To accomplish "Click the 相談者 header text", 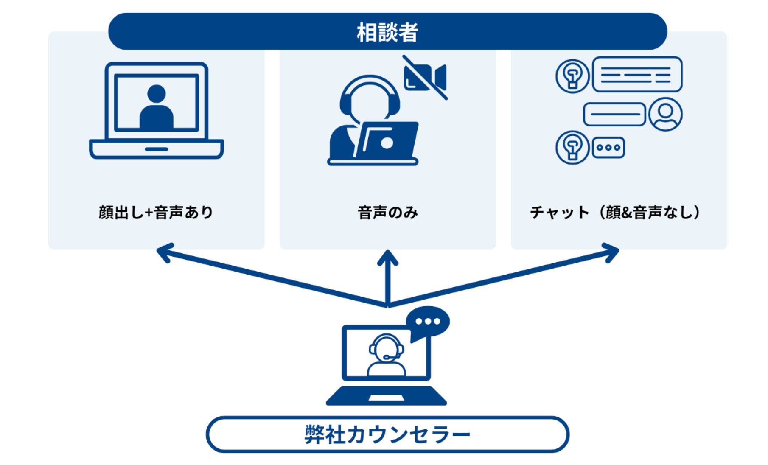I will [387, 32].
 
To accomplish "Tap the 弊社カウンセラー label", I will [387, 434].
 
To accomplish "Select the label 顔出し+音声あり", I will [156, 212].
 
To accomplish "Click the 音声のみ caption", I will [387, 212].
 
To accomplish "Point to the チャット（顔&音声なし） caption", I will [615, 212].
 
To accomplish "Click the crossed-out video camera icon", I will [425, 77].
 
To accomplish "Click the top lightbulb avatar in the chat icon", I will [572, 76].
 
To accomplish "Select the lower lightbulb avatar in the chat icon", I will [572, 148].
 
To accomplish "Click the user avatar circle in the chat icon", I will [665, 114].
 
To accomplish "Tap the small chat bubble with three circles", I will [608, 148].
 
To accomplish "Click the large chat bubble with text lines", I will [636, 75].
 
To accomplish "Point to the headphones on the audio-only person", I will [369, 95].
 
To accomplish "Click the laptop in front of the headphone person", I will [386, 140].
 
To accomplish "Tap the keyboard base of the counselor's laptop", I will [386, 397].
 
